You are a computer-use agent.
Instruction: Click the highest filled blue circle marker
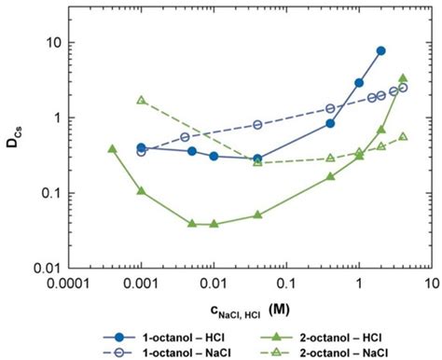380,50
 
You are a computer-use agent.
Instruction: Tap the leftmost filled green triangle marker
112,148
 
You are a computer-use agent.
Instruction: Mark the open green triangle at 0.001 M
141,100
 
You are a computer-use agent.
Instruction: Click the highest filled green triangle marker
403,78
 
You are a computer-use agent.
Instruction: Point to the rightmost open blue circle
403,88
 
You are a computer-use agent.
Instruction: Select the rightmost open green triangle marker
403,136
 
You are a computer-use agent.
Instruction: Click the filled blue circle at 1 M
359,83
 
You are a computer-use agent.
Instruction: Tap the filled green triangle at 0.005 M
192,224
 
